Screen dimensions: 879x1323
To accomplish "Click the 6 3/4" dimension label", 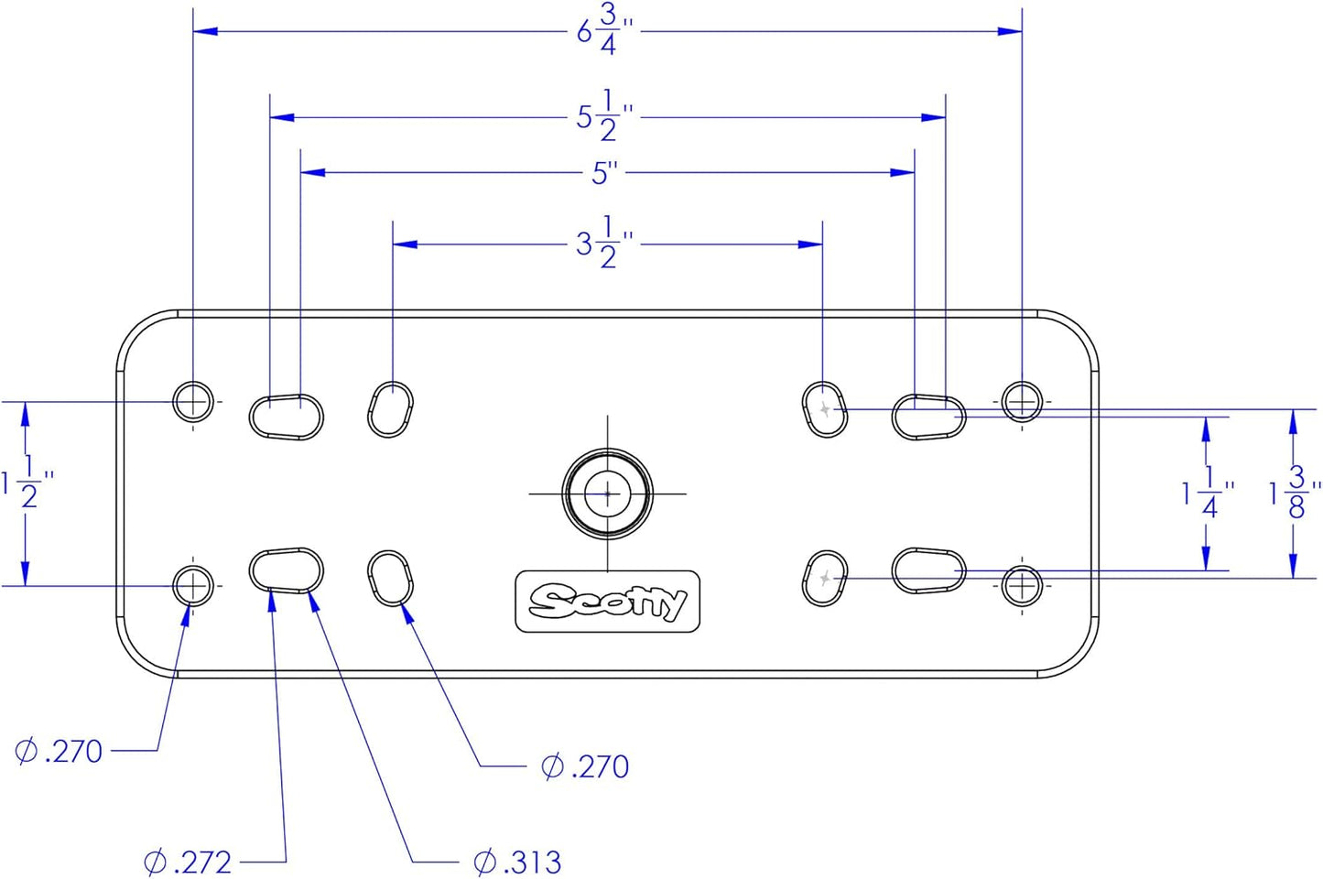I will pyautogui.click(x=604, y=30).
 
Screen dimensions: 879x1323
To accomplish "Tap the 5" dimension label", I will pyautogui.click(x=604, y=172).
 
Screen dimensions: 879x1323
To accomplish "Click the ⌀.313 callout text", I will pyautogui.click(x=518, y=862).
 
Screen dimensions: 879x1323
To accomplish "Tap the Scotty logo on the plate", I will pyautogui.click(x=608, y=602).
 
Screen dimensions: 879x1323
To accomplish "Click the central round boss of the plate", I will pyautogui.click(x=608, y=494).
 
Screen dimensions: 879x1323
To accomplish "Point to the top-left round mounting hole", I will pyautogui.click(x=193, y=401).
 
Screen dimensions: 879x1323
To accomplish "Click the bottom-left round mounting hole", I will pyautogui.click(x=193, y=586).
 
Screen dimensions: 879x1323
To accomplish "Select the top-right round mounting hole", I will pyautogui.click(x=1022, y=401).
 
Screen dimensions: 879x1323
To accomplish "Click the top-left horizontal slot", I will pyautogui.click(x=287, y=417).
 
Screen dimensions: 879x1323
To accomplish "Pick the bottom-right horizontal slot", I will pyautogui.click(x=928, y=571).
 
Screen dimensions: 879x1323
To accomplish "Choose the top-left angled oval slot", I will pyautogui.click(x=391, y=409).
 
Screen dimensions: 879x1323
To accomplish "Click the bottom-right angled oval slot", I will pyautogui.click(x=824, y=578).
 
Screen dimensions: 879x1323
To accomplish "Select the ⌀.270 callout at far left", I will pyautogui.click(x=60, y=752).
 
